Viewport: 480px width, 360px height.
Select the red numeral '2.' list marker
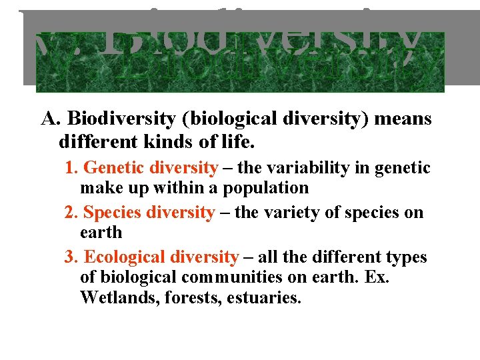click(72, 213)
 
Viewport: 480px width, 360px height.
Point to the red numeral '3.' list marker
click(73, 257)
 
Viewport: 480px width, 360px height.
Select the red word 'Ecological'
click(124, 257)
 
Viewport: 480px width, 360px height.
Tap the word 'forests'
click(176, 298)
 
